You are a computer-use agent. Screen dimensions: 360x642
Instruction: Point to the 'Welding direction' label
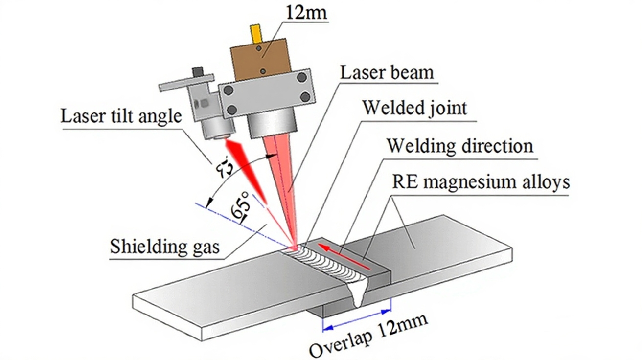coord(459,146)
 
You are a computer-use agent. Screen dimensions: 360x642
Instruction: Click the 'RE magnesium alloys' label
coord(481,182)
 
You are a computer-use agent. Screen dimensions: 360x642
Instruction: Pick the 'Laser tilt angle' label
coord(121,116)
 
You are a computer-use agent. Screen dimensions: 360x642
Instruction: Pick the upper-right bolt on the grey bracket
coord(301,77)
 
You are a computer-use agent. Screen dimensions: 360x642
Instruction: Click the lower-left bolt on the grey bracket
coord(232,109)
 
